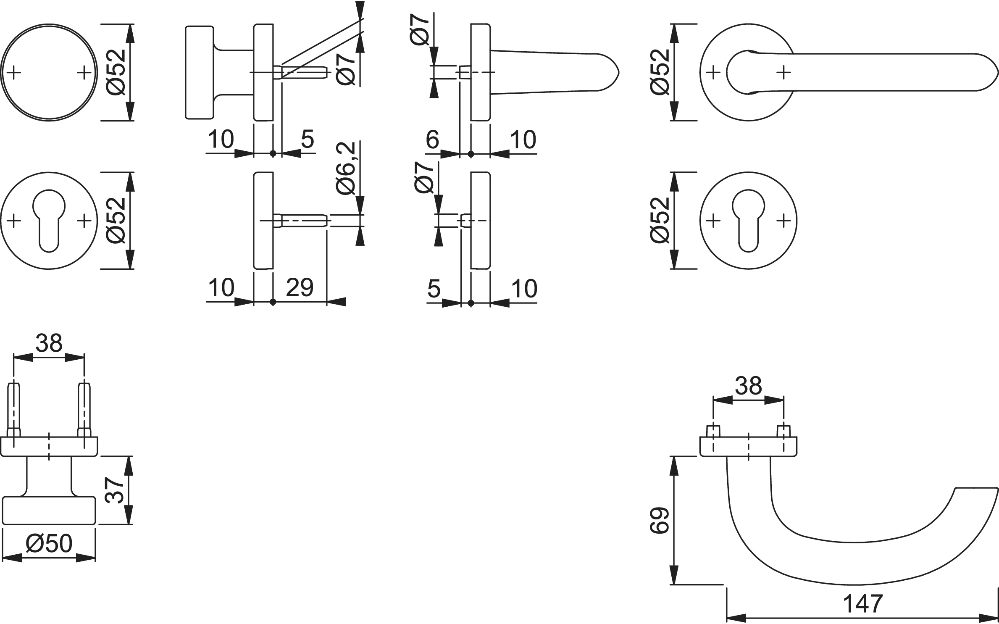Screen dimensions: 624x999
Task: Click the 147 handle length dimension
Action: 863,604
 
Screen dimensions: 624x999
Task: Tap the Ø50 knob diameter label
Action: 49,544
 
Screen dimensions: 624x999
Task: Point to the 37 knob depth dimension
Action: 114,490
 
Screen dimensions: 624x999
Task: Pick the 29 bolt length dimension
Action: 300,288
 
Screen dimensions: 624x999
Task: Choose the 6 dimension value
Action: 432,140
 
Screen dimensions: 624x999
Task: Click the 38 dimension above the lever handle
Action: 749,385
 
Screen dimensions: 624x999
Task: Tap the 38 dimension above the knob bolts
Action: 49,343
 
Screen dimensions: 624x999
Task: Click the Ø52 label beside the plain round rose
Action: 116,72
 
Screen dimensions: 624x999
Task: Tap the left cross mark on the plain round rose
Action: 14,73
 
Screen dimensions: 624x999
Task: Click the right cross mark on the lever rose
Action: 783,73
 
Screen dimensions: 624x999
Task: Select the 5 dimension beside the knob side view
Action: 308,139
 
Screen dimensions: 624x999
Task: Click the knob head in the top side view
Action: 199,72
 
